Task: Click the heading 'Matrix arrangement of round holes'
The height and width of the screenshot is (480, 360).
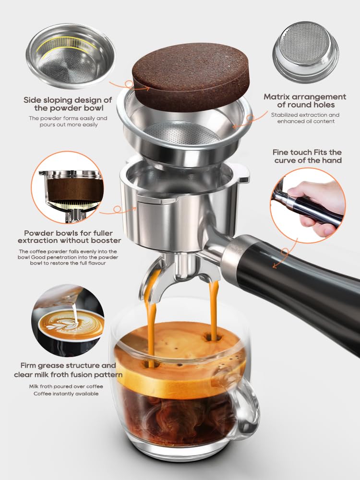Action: pos(304,101)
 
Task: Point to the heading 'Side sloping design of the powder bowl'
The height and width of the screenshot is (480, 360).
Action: pos(68,104)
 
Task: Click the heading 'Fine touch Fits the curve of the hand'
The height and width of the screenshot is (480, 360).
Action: pos(307,156)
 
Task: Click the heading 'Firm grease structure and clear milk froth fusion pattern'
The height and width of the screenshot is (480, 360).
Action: pos(71,370)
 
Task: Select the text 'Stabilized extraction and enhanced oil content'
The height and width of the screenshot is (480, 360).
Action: pos(305,118)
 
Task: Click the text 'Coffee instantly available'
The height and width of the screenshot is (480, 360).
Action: pos(66,394)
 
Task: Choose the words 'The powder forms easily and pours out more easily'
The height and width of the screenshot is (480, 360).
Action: pos(68,121)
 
